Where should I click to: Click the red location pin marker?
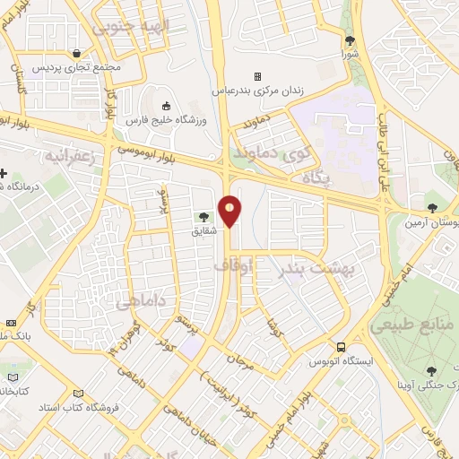click(230, 212)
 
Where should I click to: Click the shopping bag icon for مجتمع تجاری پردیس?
click(80, 53)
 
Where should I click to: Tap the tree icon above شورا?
click(350, 40)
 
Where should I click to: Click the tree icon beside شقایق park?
click(204, 216)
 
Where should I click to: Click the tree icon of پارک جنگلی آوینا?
click(430, 369)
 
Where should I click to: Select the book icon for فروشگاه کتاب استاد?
click(77, 394)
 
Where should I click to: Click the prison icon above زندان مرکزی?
click(258, 76)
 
